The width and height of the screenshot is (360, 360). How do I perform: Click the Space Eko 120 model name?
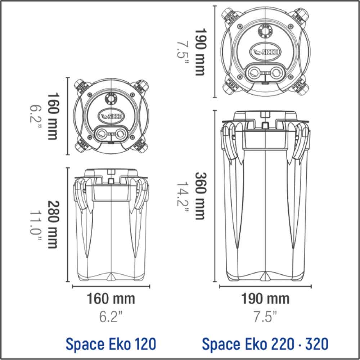111,344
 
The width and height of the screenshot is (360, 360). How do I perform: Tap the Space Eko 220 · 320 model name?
265,344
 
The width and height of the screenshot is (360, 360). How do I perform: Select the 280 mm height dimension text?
53,225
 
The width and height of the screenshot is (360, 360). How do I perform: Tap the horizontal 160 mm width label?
111,299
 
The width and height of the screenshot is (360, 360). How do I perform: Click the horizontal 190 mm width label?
265,299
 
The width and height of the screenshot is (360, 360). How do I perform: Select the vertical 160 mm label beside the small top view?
53,116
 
